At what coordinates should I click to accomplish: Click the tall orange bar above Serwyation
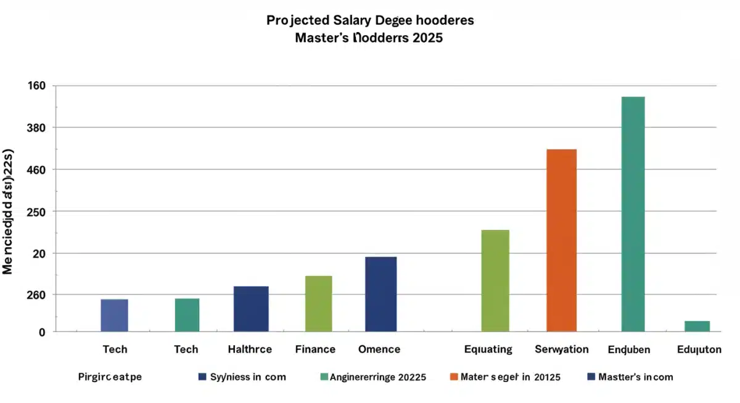561,240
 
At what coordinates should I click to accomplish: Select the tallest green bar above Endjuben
633,214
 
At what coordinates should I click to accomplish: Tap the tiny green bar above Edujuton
697,326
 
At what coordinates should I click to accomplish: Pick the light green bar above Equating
495,280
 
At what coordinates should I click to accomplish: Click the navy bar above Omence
380,294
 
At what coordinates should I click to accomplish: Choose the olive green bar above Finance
318,303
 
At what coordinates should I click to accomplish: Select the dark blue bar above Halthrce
251,309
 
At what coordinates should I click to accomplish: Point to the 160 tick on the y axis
37,86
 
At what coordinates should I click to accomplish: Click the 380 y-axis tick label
37,128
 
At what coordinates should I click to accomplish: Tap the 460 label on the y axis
37,169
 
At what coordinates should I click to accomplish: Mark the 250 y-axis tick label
37,211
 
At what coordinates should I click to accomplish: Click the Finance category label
315,349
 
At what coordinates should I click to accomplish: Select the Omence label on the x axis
379,349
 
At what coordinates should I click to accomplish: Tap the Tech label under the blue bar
115,349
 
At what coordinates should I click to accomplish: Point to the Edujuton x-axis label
699,349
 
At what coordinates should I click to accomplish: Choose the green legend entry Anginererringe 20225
377,377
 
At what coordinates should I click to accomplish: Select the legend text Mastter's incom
635,377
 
